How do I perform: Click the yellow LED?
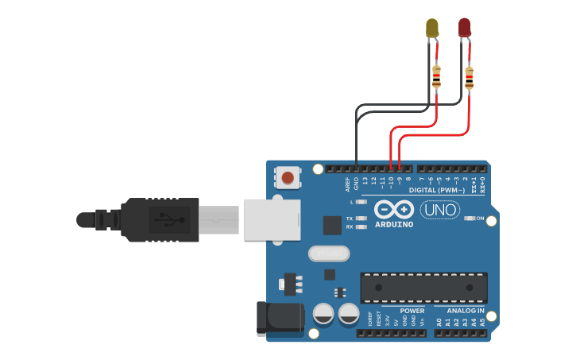(x=432, y=28)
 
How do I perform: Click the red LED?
(x=465, y=28)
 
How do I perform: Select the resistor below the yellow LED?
(x=436, y=77)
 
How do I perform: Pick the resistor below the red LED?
(x=469, y=78)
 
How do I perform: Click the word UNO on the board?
(x=440, y=210)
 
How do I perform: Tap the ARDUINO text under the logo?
(x=394, y=225)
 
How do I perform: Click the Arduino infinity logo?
(x=394, y=210)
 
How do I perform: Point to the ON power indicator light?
(x=470, y=218)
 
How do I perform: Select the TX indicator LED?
(x=361, y=218)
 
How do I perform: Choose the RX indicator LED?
(x=361, y=227)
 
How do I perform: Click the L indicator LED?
(x=361, y=202)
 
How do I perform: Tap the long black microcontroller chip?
(x=423, y=287)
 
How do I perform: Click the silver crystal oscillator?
(x=328, y=254)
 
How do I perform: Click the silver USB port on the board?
(x=272, y=219)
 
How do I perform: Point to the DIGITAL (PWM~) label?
(x=438, y=190)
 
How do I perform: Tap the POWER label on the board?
(x=412, y=311)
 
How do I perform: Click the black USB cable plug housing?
(x=159, y=219)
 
